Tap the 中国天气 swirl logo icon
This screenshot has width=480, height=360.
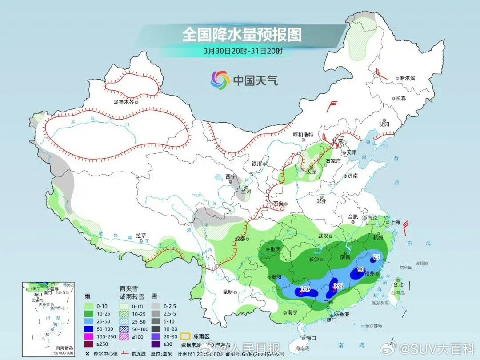coord(220,80)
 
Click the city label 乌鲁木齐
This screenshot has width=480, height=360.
coord(123,102)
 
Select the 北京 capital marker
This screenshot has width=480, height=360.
coord(337,145)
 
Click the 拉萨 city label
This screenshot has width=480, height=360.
coord(141,236)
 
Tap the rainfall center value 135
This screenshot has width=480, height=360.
coord(338,286)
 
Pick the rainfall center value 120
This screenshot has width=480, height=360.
coord(305,289)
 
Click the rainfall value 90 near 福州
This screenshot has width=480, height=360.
coord(361,270)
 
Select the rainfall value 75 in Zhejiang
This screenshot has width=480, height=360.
coord(376,257)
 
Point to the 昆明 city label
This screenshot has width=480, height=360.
coord(227,292)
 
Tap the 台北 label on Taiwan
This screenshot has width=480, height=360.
coord(398,284)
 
